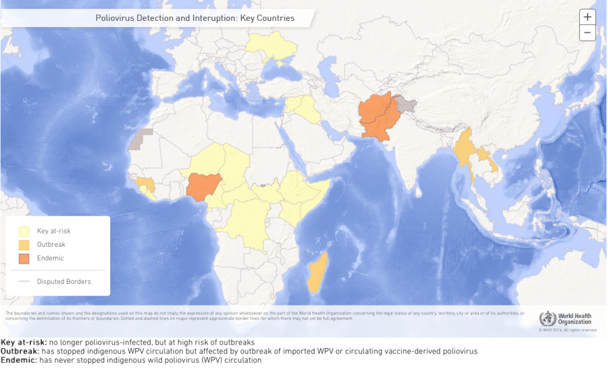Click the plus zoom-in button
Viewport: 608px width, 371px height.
pos(587,17)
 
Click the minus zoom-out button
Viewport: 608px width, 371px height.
pos(587,32)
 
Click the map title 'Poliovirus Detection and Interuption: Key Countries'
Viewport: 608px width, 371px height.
pos(195,18)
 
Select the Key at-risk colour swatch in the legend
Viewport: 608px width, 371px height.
pos(24,231)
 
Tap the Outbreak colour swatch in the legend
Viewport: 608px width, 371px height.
pos(24,244)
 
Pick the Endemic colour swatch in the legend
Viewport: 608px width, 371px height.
pos(24,258)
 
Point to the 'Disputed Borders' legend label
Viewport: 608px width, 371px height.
pos(64,281)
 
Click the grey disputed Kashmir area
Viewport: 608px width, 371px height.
pos(406,104)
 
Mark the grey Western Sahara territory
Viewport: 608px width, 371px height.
pos(141,138)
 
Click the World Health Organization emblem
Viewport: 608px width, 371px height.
pos(547,318)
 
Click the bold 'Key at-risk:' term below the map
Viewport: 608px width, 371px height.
pos(24,343)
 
